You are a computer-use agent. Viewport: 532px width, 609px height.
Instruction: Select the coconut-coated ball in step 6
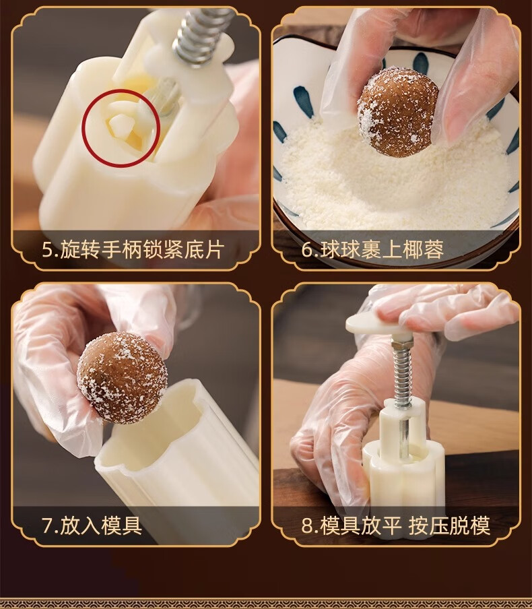397,111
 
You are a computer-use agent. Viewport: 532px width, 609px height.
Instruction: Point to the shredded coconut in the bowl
392,183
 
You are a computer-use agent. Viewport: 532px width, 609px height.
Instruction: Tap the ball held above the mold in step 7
122,377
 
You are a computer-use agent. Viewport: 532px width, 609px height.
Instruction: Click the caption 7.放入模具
92,525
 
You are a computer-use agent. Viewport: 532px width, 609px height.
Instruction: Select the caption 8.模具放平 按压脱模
396,525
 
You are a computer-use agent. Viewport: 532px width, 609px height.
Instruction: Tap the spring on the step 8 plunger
402,373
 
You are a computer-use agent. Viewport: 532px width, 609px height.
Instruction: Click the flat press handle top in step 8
373,323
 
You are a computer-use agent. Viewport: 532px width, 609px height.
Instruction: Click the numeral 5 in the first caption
47,250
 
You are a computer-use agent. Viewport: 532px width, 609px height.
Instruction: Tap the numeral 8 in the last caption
307,526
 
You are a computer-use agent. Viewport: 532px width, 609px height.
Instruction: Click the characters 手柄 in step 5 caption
123,249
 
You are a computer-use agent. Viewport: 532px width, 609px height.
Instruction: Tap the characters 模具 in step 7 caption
122,525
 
